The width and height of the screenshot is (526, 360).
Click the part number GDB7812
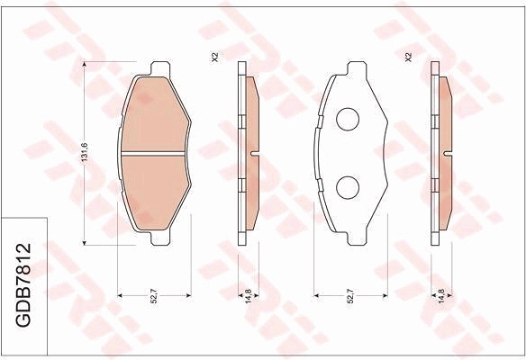click(x=23, y=285)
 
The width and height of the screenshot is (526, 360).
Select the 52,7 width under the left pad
click(x=154, y=296)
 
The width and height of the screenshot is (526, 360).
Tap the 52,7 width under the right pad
click(x=350, y=296)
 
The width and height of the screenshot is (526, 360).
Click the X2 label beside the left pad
click(x=215, y=57)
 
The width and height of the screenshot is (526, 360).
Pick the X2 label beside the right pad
click(x=408, y=57)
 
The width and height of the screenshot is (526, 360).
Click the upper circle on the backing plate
click(x=348, y=120)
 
